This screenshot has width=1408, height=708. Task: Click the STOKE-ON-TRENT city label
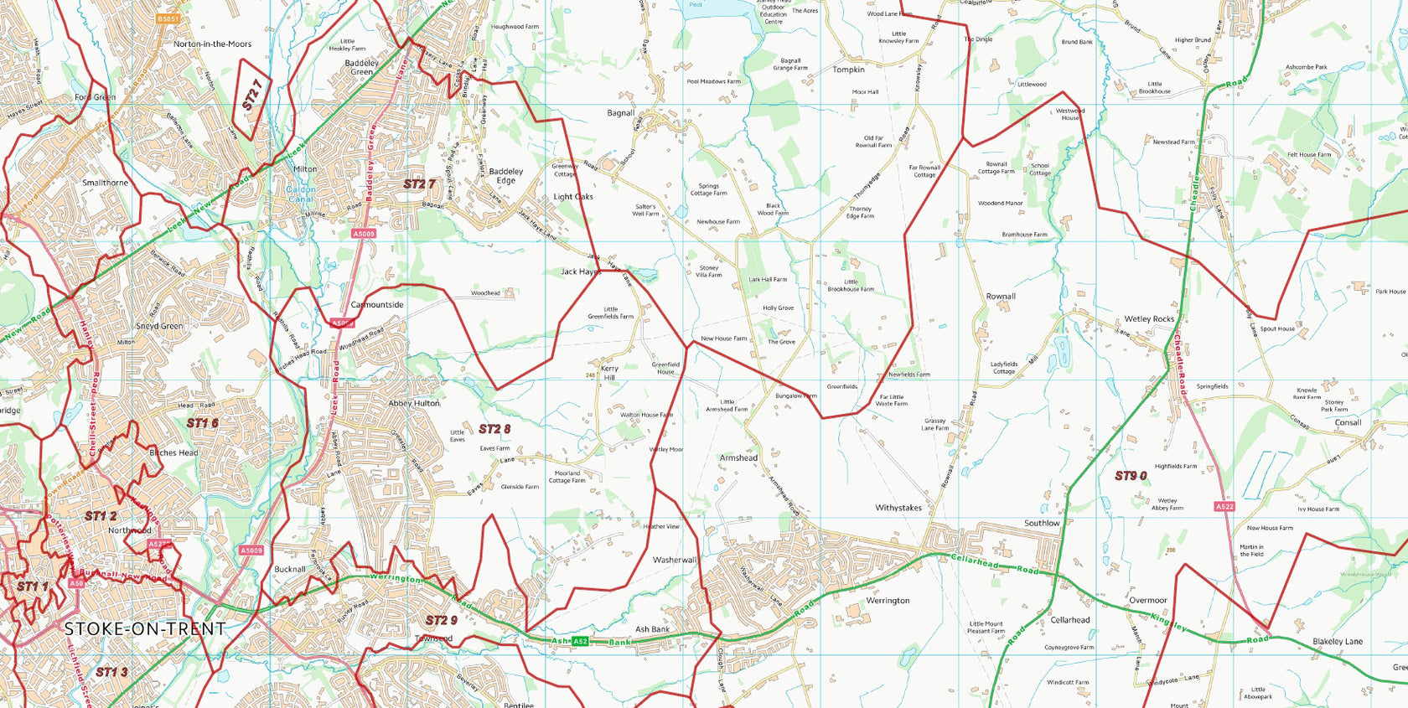pos(145,628)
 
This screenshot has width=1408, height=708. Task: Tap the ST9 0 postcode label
pos(1131,476)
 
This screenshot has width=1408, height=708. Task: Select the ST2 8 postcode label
pos(494,429)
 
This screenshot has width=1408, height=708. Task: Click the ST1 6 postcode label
pos(202,423)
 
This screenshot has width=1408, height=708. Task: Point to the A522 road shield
pos(1224,507)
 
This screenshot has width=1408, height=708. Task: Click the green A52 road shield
pos(580,642)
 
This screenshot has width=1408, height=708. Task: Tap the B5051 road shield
pos(168,18)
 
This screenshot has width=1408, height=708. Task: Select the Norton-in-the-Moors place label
pos(212,44)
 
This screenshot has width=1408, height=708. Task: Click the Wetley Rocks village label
pos(1149,319)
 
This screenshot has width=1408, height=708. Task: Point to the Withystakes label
pos(898,508)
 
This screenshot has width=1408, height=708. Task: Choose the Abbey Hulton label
pos(414,403)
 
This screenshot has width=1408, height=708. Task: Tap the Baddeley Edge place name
pos(506,176)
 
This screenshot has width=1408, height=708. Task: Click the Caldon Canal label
pos(301,194)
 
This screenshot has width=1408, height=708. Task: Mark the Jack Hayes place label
pos(581,271)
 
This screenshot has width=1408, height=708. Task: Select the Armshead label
pos(738,457)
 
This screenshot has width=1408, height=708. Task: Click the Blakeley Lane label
pos(1338,642)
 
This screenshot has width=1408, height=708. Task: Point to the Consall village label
pos(1348,422)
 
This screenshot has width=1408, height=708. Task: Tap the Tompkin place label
pos(848,70)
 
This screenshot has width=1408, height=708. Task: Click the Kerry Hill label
pos(609,373)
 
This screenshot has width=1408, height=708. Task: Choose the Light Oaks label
pos(573,197)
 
